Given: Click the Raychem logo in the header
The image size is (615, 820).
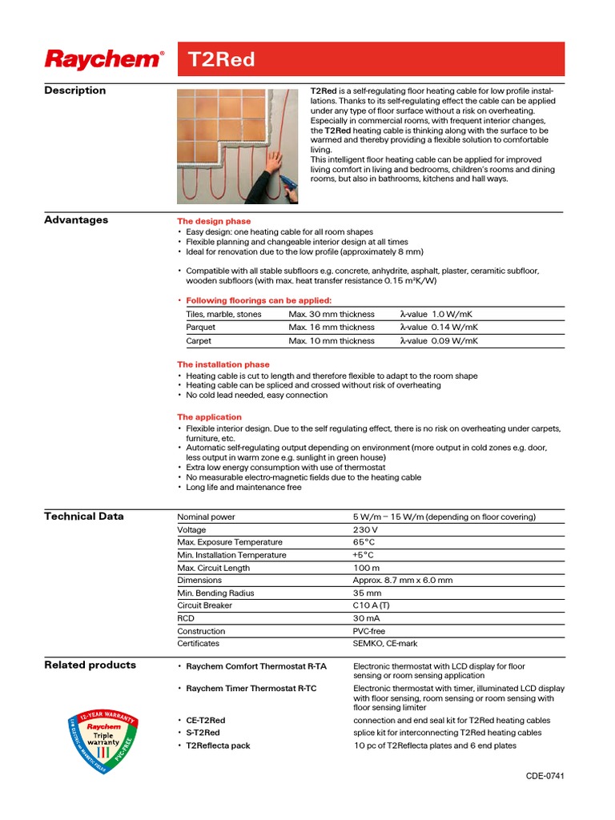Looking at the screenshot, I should click(x=104, y=59).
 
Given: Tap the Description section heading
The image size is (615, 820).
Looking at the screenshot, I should click(x=74, y=90).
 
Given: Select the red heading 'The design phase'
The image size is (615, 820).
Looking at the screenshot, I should click(x=214, y=221).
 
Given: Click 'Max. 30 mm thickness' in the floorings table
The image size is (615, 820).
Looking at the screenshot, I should click(x=332, y=314).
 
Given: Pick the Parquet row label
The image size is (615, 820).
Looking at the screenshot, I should click(x=200, y=328).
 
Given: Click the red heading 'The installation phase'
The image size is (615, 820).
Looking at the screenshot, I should click(x=223, y=364).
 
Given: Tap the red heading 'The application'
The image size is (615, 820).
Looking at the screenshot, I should click(x=209, y=417).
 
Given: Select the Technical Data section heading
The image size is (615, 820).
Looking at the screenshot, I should click(x=84, y=517).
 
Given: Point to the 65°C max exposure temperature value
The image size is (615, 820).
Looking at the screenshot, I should click(x=364, y=542).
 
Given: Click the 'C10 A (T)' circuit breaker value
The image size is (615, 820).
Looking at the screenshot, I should click(x=372, y=605).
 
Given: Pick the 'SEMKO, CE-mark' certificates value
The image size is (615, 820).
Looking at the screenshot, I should click(x=385, y=643).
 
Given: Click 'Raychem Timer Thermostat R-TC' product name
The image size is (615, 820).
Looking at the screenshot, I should click(x=251, y=689).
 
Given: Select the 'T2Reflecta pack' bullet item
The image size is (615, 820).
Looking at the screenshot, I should click(x=218, y=746).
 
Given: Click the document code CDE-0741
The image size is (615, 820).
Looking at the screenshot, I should click(x=545, y=777).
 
